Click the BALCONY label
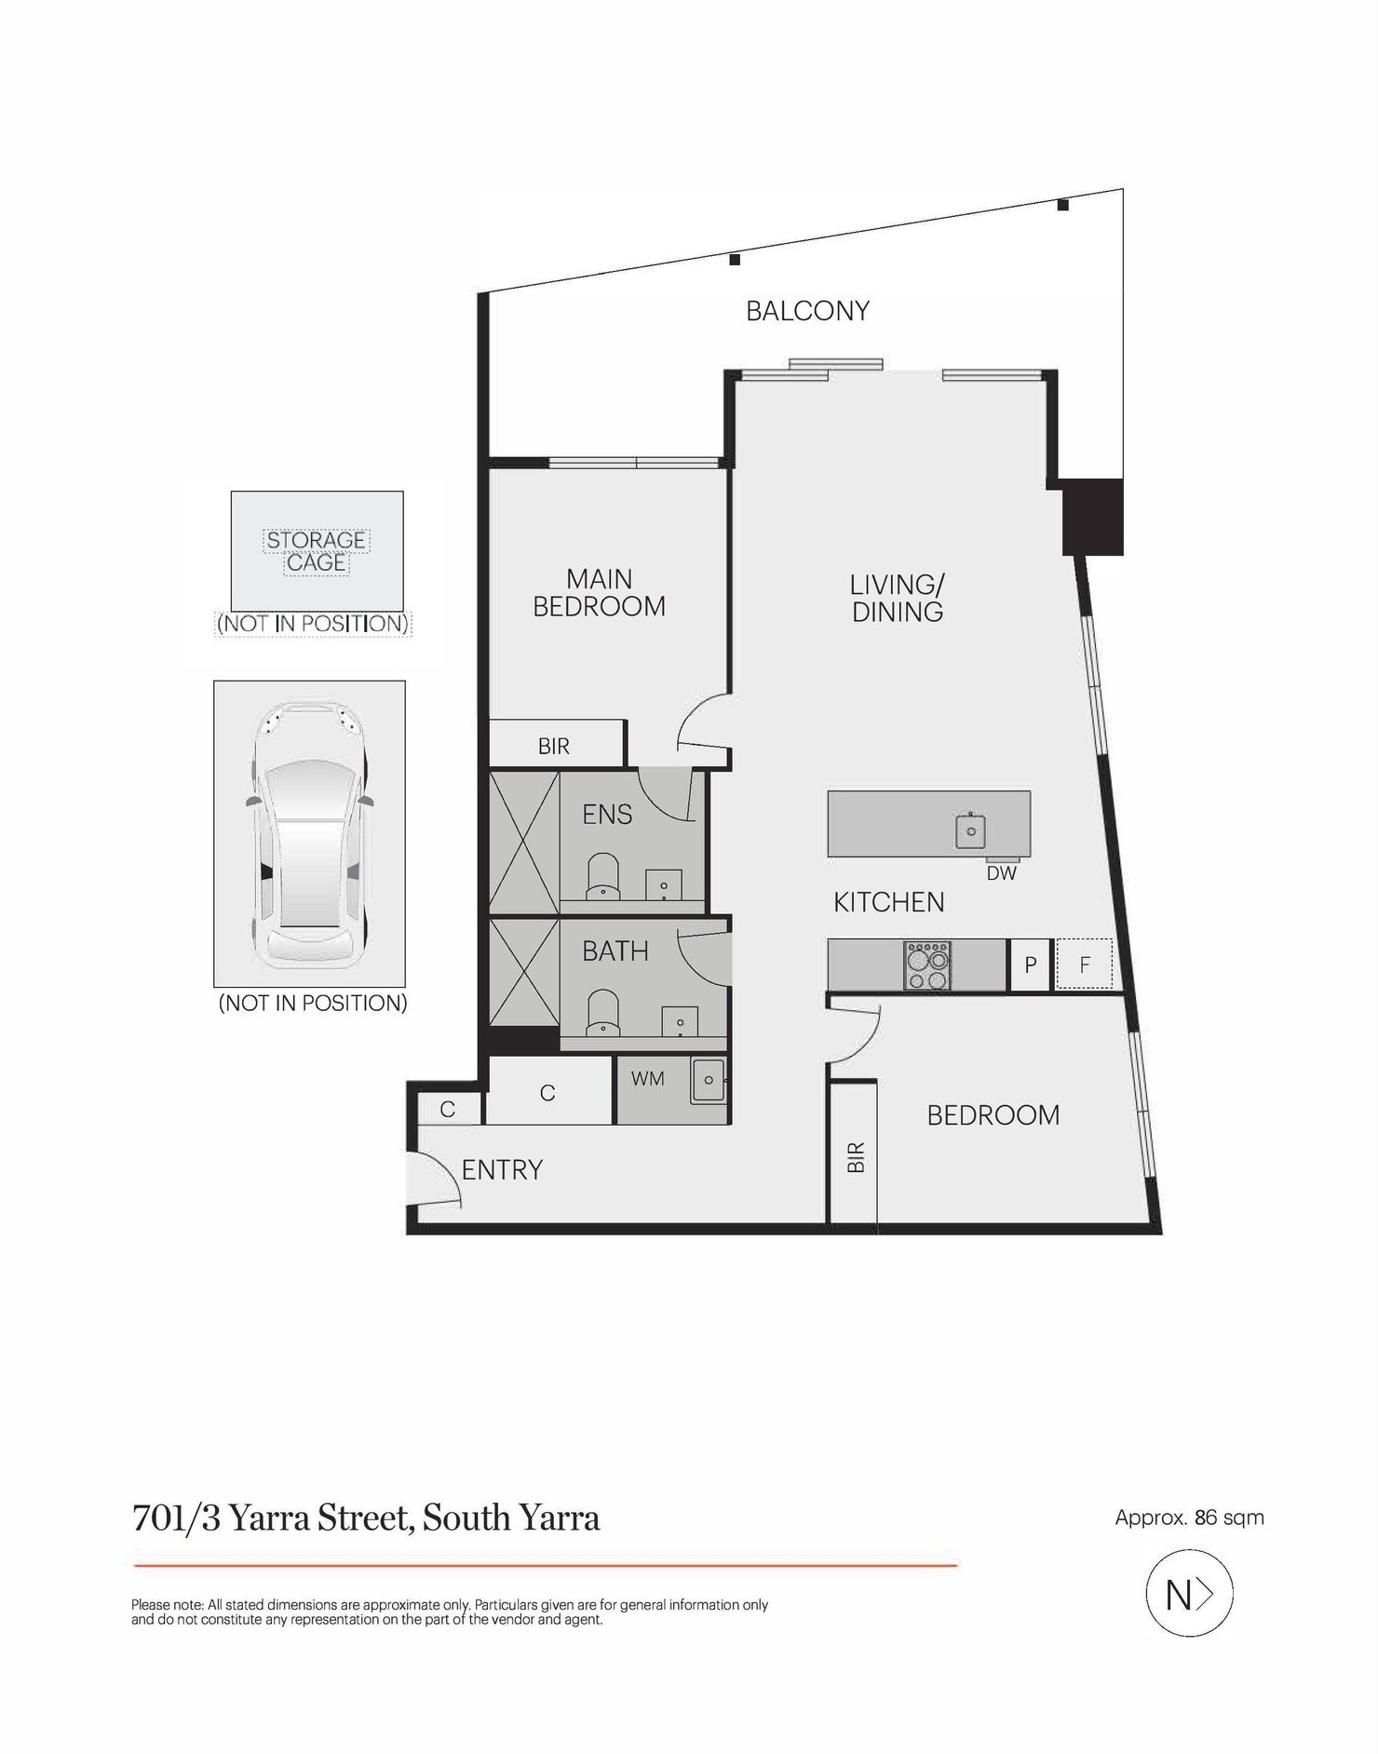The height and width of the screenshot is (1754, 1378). pyautogui.click(x=807, y=311)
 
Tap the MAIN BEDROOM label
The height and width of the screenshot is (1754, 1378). pyautogui.click(x=599, y=593)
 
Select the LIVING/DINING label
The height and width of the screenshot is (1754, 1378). pyautogui.click(x=897, y=598)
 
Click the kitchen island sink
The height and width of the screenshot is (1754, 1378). pyautogui.click(x=970, y=830)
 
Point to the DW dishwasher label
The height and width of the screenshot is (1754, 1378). pyautogui.click(x=1002, y=873)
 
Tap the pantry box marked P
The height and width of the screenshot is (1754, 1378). pyautogui.click(x=1031, y=965)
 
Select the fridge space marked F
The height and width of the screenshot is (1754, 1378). pyautogui.click(x=1084, y=965)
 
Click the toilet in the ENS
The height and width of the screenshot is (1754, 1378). pyautogui.click(x=603, y=876)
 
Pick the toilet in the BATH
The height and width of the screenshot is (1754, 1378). pyautogui.click(x=603, y=1012)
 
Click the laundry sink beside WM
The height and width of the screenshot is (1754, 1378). pyautogui.click(x=709, y=1080)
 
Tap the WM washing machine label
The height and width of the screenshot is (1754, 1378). pyautogui.click(x=648, y=1079)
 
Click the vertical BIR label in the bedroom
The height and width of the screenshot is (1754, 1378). pyautogui.click(x=856, y=1157)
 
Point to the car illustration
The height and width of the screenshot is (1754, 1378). pyautogui.click(x=309, y=834)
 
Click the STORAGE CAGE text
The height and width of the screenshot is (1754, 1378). pyautogui.click(x=317, y=551)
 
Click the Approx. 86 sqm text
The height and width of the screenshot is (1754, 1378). pyautogui.click(x=1189, y=1518)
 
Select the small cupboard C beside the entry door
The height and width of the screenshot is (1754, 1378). pyautogui.click(x=449, y=1109)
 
